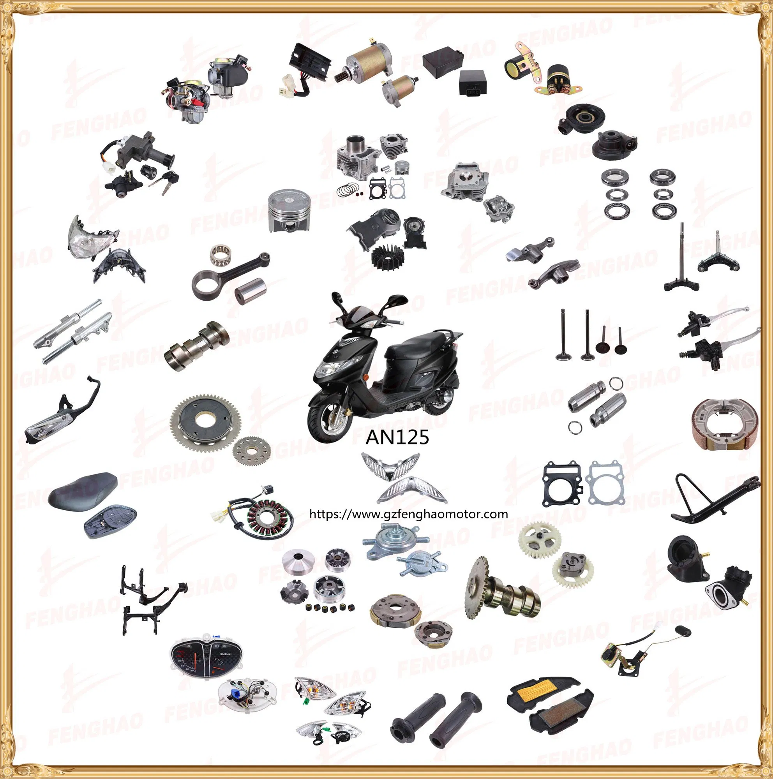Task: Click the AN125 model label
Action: coord(397,437)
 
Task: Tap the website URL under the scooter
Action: coord(408,514)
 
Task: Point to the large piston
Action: coord(289,211)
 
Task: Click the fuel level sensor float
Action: coord(685,631)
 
